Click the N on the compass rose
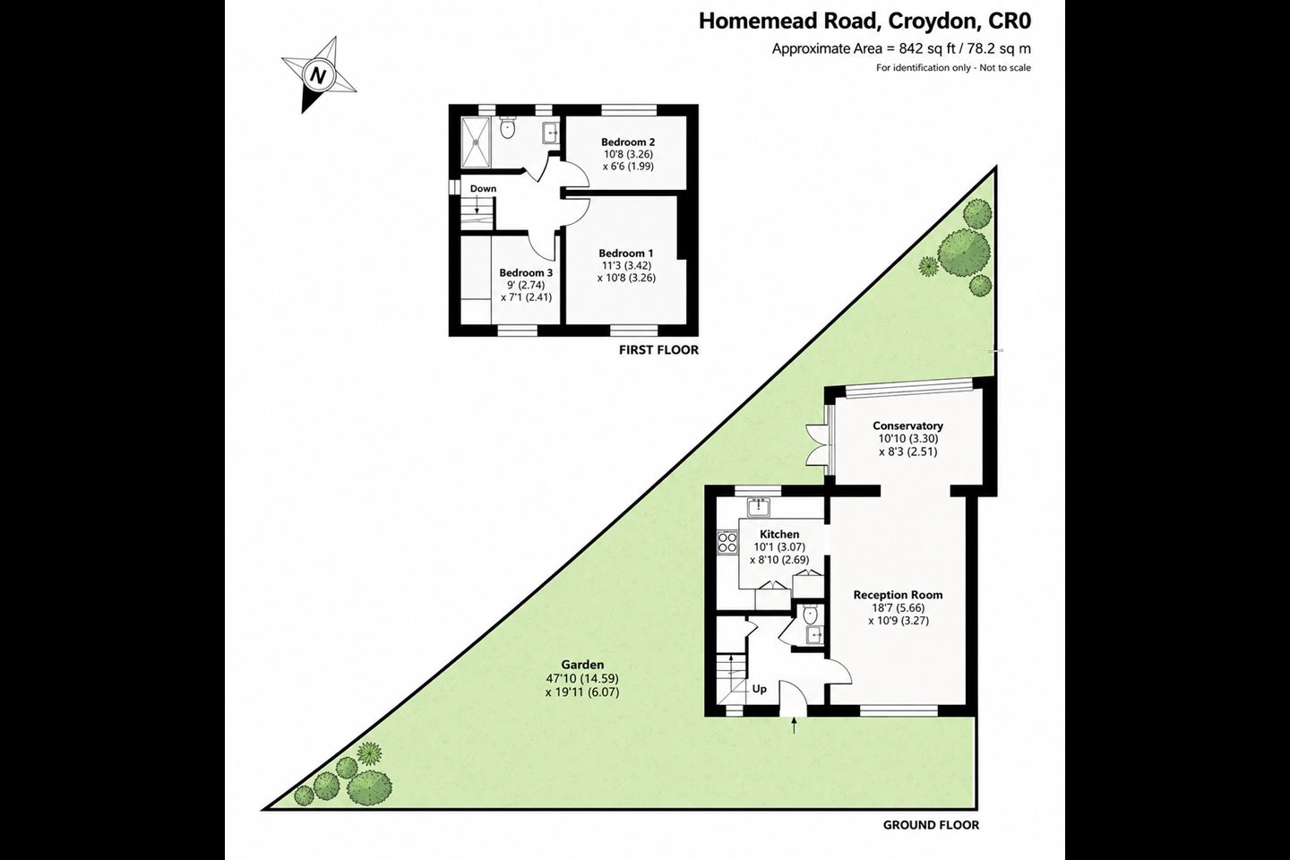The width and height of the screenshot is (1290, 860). pos(317,75)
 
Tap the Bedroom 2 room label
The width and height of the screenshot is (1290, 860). pos(628,142)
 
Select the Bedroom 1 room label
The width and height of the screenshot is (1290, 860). pos(626,253)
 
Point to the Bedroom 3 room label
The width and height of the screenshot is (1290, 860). pos(526,272)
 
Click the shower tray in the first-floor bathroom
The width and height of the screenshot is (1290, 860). pos(477,142)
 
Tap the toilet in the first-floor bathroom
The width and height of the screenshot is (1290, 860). pos(507,128)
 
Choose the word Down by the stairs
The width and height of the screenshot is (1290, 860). pos(483,188)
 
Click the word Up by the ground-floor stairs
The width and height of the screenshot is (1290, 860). pos(759,689)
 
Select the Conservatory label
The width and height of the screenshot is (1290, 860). pos(907,426)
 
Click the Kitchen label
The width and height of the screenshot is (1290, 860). pos(779,534)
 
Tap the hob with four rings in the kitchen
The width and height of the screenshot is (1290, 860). pos(727,543)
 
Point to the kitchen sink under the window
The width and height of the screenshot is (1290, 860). pos(759,507)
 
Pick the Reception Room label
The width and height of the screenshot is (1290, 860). pos(898,595)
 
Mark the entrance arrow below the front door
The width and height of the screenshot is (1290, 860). pos(794,726)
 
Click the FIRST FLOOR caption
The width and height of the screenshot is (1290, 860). pos(658,349)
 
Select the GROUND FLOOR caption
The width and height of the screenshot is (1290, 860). pos(932,825)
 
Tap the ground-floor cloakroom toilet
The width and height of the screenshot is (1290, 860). pos(810,614)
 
